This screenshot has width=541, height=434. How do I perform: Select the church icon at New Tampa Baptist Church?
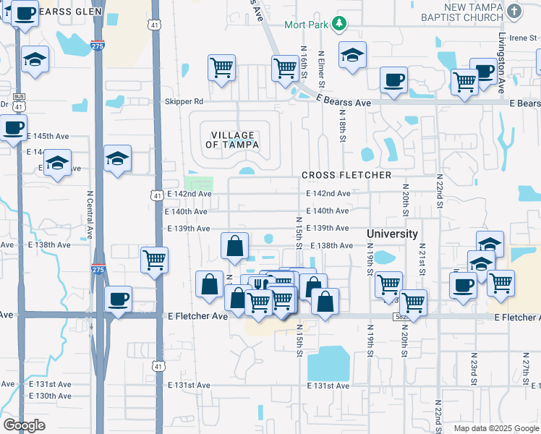(x=514, y=11)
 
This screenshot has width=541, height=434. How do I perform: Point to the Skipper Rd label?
(x=184, y=102)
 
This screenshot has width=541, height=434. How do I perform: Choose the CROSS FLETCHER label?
(x=346, y=175)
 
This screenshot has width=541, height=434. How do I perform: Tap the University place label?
(x=392, y=234)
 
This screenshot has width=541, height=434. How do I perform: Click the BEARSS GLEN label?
(x=69, y=12)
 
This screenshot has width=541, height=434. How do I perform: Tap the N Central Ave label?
(x=90, y=215)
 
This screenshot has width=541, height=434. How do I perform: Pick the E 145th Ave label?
(x=48, y=136)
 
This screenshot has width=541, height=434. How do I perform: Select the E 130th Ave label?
(x=50, y=396)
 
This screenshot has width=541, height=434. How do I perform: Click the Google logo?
(x=24, y=425)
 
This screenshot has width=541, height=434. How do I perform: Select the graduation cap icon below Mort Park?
(x=352, y=55)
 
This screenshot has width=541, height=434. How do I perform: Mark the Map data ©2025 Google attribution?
(x=495, y=428)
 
